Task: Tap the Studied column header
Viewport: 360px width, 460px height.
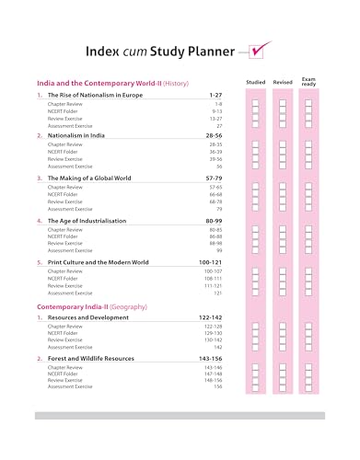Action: click(x=256, y=83)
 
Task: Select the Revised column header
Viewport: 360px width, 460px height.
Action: click(x=283, y=83)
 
